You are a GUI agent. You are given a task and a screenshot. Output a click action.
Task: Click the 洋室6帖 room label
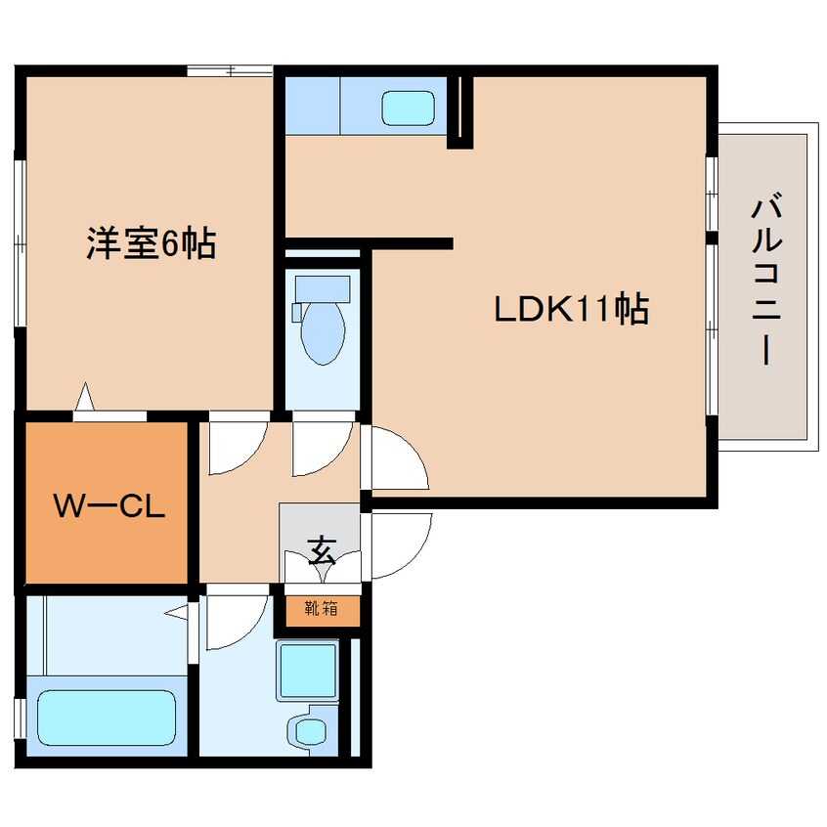point(151,242)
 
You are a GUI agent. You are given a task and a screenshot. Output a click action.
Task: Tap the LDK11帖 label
point(571,309)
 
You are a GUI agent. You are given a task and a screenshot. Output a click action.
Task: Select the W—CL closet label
point(109,505)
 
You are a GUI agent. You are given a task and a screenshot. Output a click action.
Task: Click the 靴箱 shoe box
point(323,611)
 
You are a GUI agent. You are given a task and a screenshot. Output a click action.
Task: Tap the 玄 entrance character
point(322,550)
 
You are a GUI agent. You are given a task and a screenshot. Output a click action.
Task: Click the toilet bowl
point(323,332)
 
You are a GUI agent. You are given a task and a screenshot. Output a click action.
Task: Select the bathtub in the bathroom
point(107,718)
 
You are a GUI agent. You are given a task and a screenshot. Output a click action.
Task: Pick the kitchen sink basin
point(408,109)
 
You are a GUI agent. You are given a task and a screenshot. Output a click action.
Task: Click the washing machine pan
point(308,671)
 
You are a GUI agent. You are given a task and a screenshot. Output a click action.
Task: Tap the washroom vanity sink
point(310,730)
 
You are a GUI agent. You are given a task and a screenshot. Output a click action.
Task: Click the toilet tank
point(323,289)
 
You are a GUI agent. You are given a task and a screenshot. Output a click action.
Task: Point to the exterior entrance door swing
point(402,545)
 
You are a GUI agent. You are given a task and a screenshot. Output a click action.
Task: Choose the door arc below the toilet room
point(323,450)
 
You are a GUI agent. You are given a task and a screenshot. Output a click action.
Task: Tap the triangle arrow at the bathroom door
point(176,612)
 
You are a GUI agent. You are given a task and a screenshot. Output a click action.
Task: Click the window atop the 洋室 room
point(230,70)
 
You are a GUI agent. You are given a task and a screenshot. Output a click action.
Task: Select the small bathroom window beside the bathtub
point(20,719)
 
